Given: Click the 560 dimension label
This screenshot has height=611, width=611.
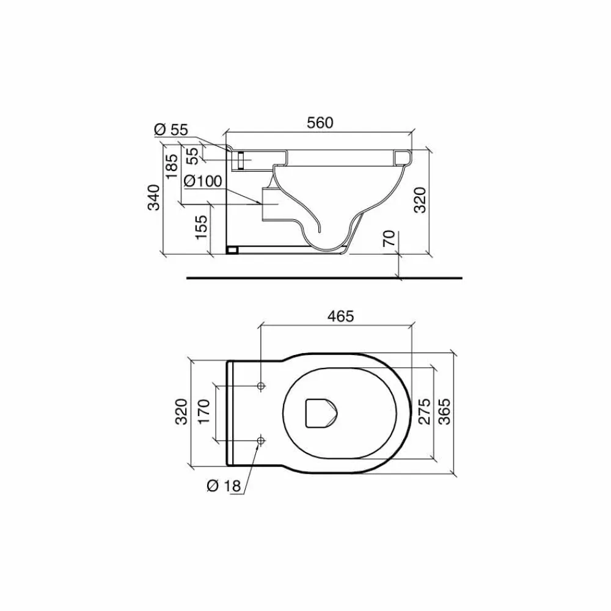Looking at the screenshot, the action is click(320, 123).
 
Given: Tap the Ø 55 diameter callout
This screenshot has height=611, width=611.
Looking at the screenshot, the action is click(171, 130).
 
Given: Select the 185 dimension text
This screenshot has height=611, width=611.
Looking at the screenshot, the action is click(172, 166).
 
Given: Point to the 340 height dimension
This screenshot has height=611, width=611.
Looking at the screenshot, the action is click(153, 197).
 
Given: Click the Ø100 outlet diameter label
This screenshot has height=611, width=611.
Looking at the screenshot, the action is click(203, 181).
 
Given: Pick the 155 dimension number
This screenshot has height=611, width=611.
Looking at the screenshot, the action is click(201, 227).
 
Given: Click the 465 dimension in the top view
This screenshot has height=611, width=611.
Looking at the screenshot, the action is click(340, 316).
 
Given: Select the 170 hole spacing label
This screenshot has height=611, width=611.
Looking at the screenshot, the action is click(204, 411).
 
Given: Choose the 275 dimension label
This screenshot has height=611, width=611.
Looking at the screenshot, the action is click(424, 411).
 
